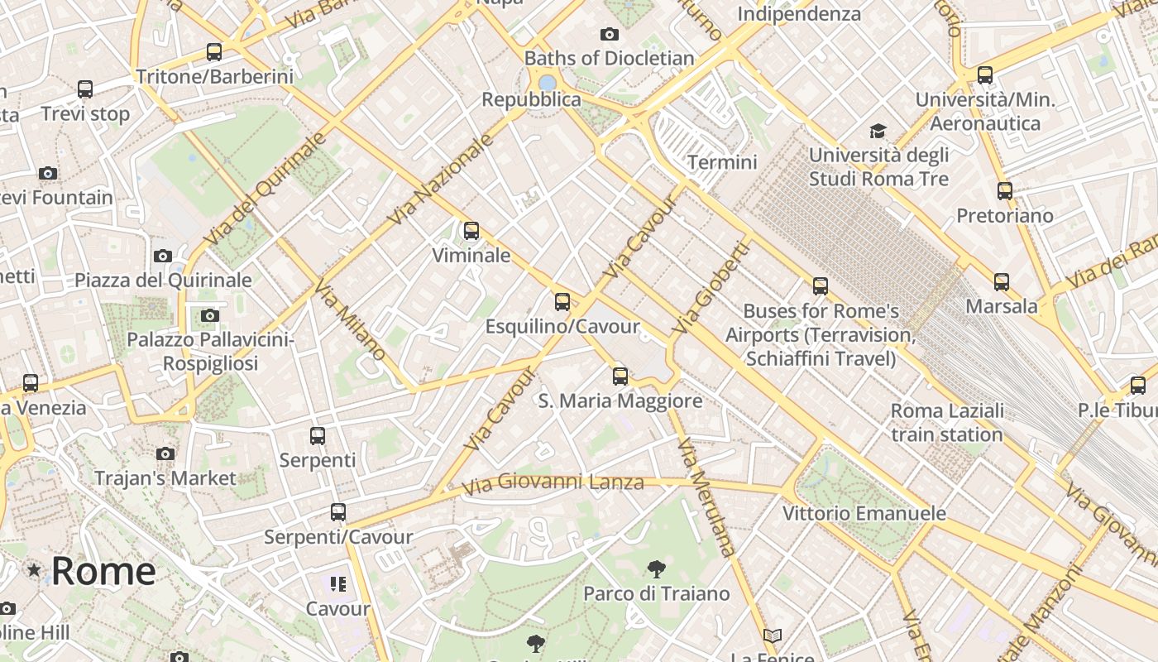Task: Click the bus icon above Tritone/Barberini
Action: (x=214, y=52)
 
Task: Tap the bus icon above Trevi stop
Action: (x=85, y=89)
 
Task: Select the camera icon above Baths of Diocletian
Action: (x=610, y=34)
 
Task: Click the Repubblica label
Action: (x=532, y=100)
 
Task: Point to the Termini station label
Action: (x=722, y=162)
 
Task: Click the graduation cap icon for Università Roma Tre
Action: (x=878, y=131)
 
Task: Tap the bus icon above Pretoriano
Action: (x=1005, y=191)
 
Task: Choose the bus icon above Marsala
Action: (x=1002, y=282)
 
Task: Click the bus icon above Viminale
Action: (x=471, y=231)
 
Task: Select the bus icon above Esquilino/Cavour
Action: (x=562, y=301)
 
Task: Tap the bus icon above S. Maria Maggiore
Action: (x=620, y=377)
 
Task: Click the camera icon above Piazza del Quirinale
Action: (x=163, y=256)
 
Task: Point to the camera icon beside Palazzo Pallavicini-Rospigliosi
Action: (x=210, y=315)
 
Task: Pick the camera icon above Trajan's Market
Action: (x=165, y=453)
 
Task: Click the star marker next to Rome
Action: (x=34, y=570)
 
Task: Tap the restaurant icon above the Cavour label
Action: (x=337, y=585)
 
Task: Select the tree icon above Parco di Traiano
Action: (x=657, y=569)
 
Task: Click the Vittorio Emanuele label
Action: (x=864, y=514)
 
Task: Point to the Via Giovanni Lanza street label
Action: (x=553, y=482)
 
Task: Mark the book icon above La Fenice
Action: (x=773, y=636)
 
